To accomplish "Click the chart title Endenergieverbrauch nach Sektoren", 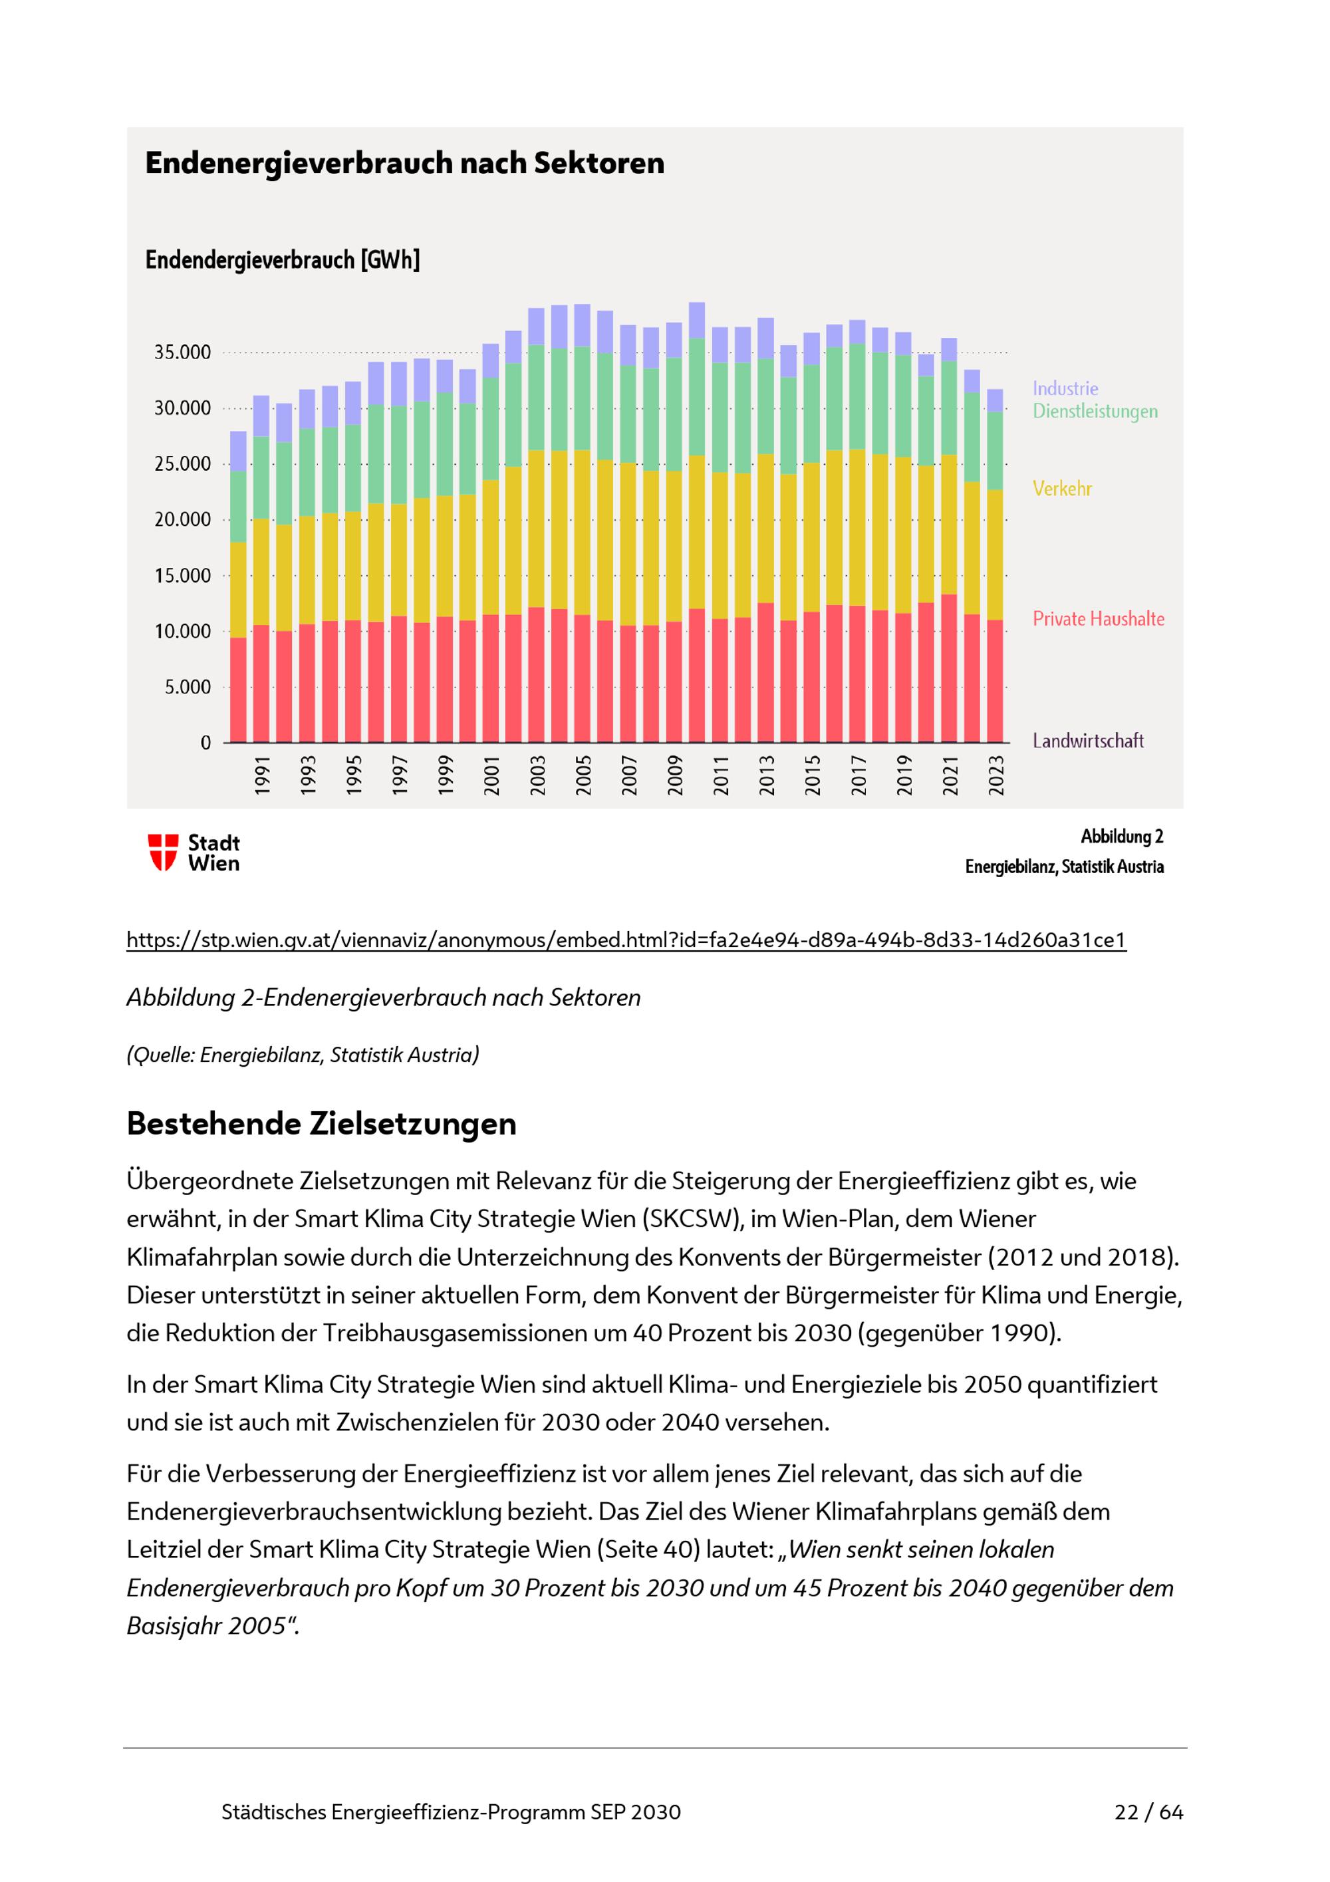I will point(404,163).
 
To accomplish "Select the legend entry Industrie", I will point(1065,388).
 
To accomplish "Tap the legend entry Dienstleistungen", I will point(1094,412).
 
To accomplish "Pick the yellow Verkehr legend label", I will point(1061,489).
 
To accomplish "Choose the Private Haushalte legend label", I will point(1097,619).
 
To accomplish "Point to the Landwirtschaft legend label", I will point(1087,741).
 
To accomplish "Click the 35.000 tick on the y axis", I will point(182,352).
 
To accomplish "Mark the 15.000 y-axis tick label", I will point(182,575).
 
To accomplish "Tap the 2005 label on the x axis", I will point(583,775).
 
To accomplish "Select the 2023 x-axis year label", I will point(996,775).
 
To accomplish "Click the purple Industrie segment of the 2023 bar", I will point(995,400).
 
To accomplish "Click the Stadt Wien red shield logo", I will point(162,853).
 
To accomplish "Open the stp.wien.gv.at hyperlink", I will point(626,940).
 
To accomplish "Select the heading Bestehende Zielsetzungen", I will point(321,1124).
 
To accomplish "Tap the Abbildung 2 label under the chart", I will point(1121,837).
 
